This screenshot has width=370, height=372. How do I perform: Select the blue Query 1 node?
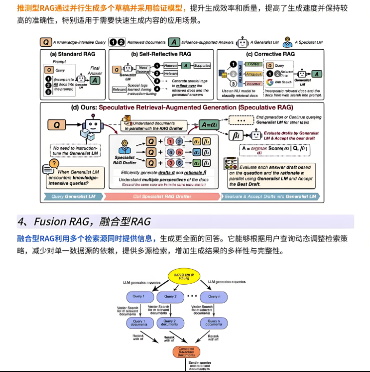[139, 296]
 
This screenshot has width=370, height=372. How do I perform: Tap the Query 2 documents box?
[170, 323]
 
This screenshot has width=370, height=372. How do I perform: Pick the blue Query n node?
[213, 296]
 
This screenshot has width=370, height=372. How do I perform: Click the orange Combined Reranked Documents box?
[186, 352]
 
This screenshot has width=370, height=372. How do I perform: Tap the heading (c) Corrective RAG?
[271, 54]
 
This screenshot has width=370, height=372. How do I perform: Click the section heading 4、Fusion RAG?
[84, 221]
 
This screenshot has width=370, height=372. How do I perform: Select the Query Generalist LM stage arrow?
[72, 196]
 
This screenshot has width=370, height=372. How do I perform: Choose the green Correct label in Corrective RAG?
[253, 64]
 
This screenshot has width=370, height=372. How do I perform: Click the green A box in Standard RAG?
[96, 79]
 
